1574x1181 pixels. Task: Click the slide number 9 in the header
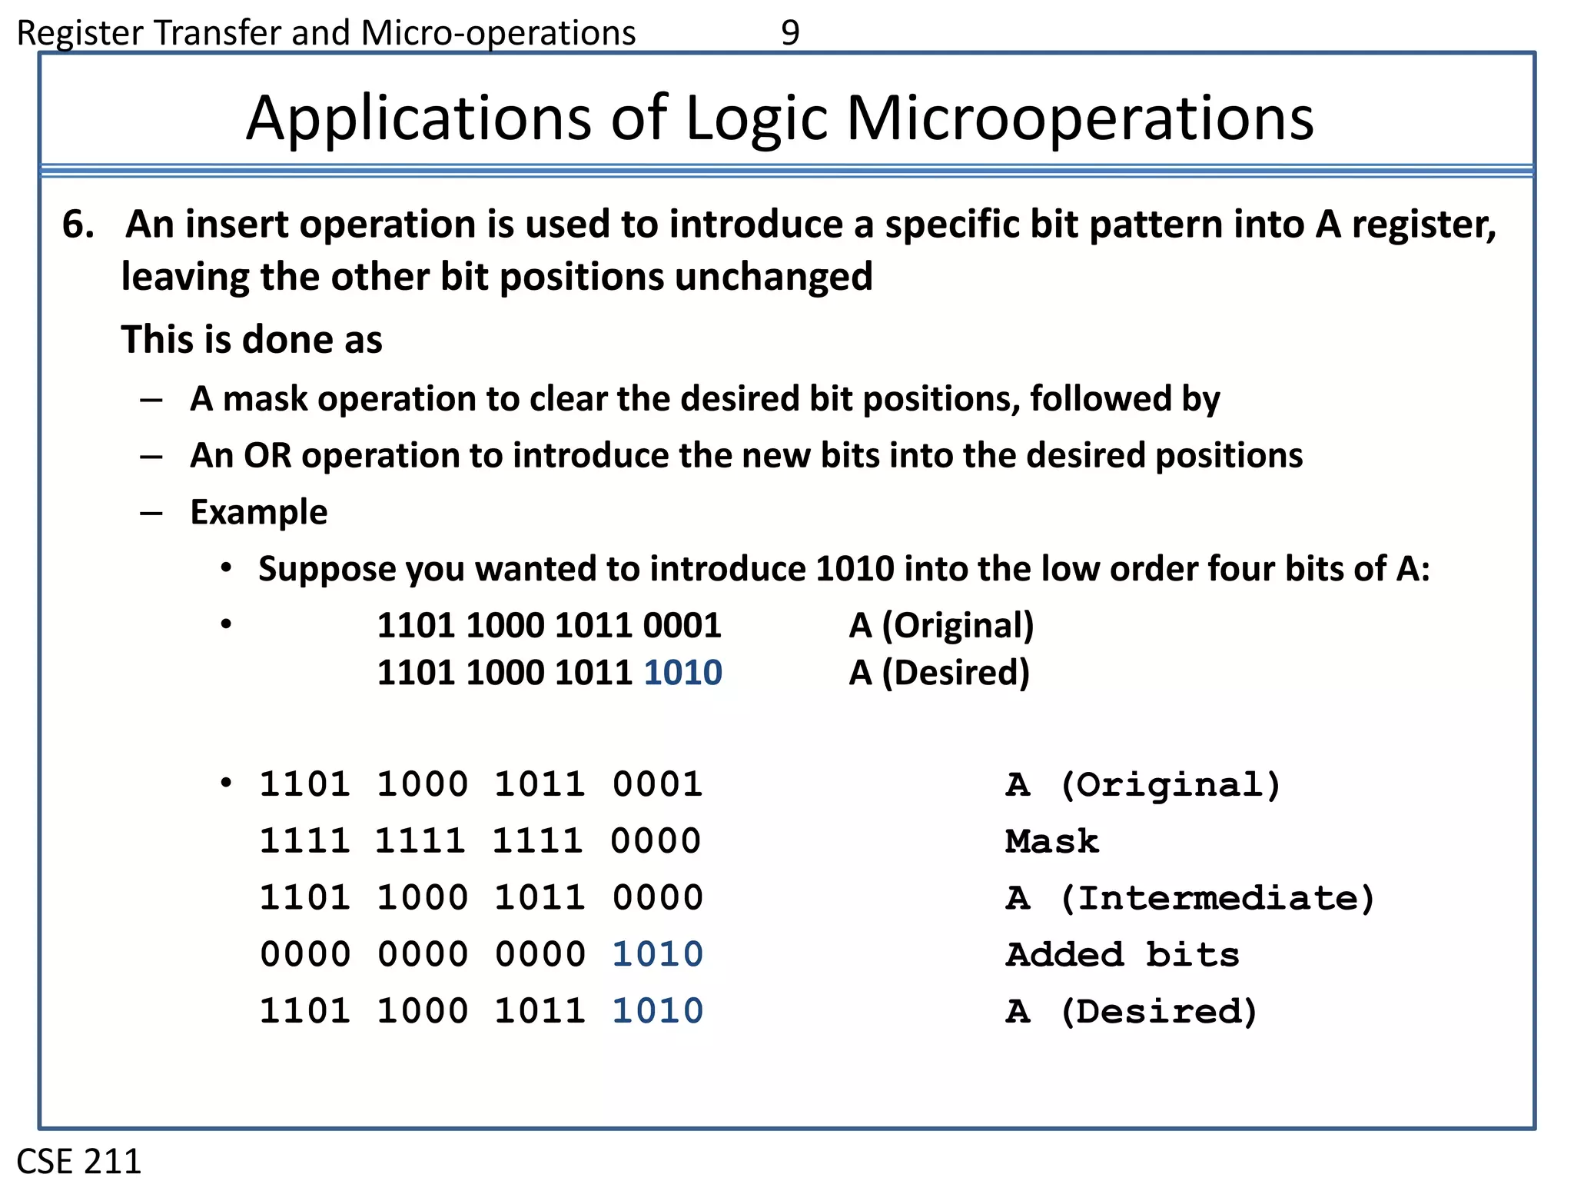[790, 32]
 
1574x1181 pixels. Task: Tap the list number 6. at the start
[78, 225]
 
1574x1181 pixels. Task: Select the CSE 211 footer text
[79, 1160]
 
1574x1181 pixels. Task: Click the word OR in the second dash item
[268, 455]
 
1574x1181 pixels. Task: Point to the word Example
[259, 512]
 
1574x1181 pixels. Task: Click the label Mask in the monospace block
[1052, 841]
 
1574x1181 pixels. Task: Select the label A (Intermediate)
[1190, 898]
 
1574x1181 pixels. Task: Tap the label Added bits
[1123, 955]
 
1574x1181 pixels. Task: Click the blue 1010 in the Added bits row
[657, 954]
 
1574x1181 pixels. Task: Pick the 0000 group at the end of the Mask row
[656, 841]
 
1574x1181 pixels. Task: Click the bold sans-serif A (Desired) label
[939, 673]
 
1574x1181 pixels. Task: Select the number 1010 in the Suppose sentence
[855, 569]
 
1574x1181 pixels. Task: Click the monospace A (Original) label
[1143, 785]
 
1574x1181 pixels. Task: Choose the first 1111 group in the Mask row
[304, 841]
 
